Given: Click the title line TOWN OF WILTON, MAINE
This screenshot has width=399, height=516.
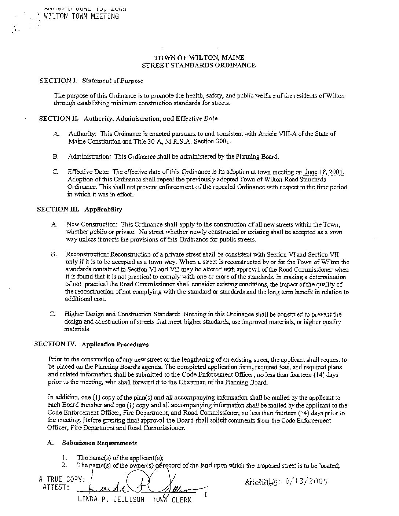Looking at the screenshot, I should point(199,58).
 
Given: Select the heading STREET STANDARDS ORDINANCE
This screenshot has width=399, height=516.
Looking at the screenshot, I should point(199,65).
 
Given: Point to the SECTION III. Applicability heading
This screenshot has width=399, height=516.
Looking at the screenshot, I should point(80,209).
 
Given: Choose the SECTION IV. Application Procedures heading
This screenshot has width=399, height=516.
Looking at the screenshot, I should point(91,344).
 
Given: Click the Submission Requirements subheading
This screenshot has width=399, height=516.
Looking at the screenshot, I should point(99,443).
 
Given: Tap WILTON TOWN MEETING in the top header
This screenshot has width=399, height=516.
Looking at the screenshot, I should point(81,16).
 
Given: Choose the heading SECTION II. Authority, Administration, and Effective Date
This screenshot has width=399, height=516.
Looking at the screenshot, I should point(128,118).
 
